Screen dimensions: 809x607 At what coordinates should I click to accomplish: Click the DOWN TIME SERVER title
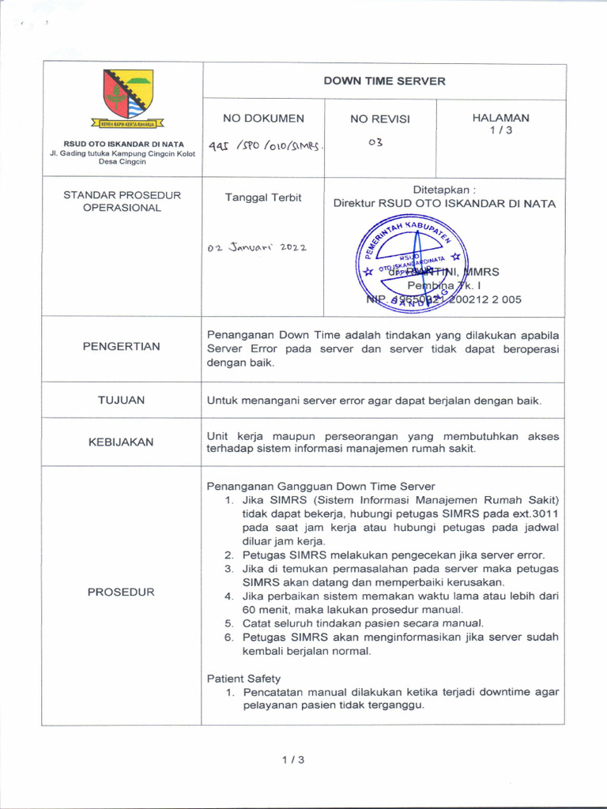[384, 81]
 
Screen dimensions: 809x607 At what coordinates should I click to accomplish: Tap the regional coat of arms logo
[127, 94]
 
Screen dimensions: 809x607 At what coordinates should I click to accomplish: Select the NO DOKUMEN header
[263, 119]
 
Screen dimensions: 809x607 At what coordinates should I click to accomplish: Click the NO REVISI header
[380, 119]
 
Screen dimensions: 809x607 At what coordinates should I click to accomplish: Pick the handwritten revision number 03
[375, 143]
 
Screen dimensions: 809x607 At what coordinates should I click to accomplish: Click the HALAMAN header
[500, 118]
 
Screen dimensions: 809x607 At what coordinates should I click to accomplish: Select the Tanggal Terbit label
[263, 198]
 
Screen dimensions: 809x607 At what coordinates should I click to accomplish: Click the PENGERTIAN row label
[123, 346]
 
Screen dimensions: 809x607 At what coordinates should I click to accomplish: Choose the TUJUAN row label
[121, 400]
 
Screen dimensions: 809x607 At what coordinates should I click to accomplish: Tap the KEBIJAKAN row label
[121, 442]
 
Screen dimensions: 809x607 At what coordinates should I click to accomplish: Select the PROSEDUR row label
[121, 592]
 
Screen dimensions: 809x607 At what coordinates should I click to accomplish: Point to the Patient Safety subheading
[243, 678]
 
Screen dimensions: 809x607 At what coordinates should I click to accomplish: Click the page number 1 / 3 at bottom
[292, 760]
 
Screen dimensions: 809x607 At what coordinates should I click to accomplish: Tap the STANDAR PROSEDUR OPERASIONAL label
[123, 201]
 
